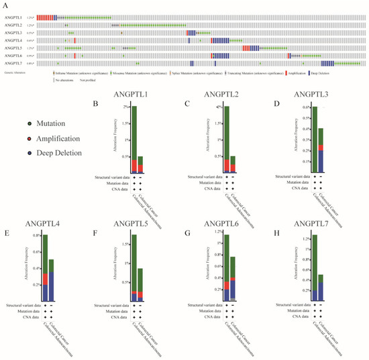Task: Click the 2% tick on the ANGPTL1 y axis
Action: pos(125,107)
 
